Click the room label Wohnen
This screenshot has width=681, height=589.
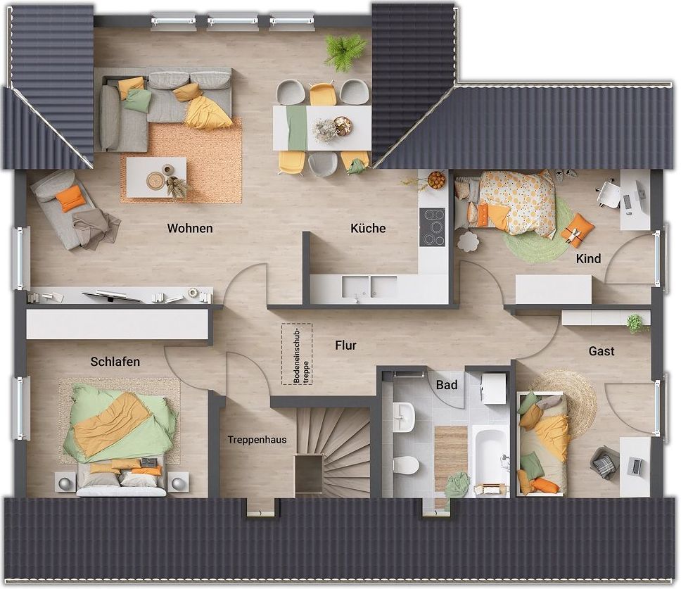coord(190,228)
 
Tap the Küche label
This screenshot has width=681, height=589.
coord(368,228)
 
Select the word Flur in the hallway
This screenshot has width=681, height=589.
coord(345,346)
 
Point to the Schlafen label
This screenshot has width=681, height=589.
coord(115,362)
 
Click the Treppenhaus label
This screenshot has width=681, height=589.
coord(257,440)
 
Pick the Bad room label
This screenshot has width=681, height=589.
coord(447,385)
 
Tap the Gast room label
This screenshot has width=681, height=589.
coord(602,351)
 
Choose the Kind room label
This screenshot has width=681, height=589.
coord(589,259)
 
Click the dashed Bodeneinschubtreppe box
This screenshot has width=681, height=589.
coord(297,354)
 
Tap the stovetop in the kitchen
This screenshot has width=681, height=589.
coord(432,227)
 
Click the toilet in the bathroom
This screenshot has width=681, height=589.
coord(406,464)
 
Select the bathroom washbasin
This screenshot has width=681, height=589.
coord(404,418)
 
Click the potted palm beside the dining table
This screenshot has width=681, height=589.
coord(343,52)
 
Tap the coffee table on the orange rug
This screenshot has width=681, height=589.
coord(156,177)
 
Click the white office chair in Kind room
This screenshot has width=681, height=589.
coord(609,194)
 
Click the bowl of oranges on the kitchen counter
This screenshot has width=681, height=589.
coord(437,180)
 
